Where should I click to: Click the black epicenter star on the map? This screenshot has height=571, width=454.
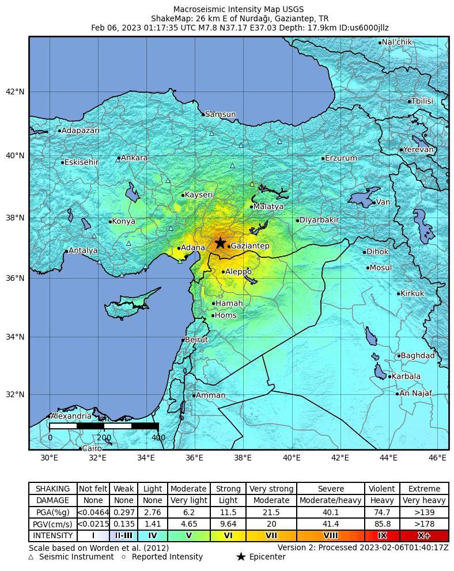pyautogui.click(x=220, y=243)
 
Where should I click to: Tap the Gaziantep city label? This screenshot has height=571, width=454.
pyautogui.click(x=249, y=246)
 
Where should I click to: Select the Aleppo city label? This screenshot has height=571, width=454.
pyautogui.click(x=238, y=272)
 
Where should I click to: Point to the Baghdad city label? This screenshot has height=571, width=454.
pyautogui.click(x=417, y=356)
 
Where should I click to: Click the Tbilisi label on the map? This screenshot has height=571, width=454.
pyautogui.click(x=422, y=101)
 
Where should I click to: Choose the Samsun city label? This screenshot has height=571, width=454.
pyautogui.click(x=220, y=115)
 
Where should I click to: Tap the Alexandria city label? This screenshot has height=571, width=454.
pyautogui.click(x=70, y=416)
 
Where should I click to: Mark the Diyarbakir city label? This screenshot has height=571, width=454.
pyautogui.click(x=319, y=220)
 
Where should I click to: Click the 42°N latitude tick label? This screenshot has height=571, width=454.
pyautogui.click(x=15, y=92)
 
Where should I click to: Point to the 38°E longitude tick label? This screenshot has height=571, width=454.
pyautogui.click(x=243, y=458)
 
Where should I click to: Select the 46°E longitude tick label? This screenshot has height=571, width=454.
pyautogui.click(x=437, y=458)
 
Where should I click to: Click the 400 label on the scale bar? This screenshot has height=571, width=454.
pyautogui.click(x=158, y=437)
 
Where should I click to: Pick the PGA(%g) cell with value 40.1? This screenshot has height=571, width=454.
pyautogui.click(x=331, y=512)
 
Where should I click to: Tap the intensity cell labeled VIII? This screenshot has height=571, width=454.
pyautogui.click(x=331, y=535)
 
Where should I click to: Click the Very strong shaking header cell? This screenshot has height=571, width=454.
pyautogui.click(x=272, y=489)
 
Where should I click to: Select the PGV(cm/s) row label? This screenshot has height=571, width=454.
pyautogui.click(x=52, y=524)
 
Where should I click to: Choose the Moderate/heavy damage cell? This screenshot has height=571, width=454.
pyautogui.click(x=331, y=500)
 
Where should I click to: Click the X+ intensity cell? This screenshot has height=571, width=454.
pyautogui.click(x=423, y=535)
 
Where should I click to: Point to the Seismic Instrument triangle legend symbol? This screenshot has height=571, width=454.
pyautogui.click(x=31, y=557)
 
